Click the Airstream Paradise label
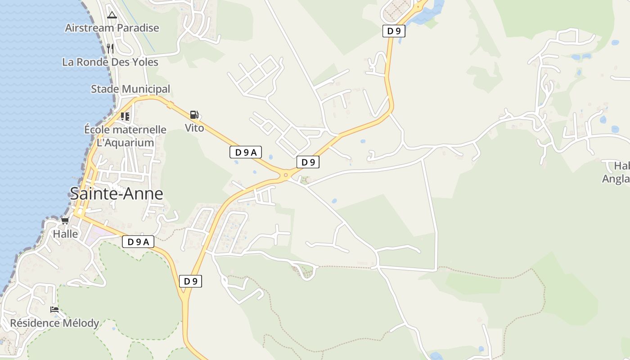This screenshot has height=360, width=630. [112, 28]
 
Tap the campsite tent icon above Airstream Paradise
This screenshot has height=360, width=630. [112, 15]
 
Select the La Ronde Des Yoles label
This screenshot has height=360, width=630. [110, 62]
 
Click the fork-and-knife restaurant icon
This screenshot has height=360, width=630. [110, 48]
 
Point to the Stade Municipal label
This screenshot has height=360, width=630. [130, 89]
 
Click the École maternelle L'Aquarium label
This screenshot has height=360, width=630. [125, 136]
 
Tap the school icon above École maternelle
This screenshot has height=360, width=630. [125, 117]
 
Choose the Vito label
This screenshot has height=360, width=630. [194, 128]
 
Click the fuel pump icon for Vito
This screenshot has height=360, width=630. [194, 115]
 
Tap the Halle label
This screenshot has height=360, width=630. [65, 234]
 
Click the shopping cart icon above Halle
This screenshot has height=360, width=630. [65, 221]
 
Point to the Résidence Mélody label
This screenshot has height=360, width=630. [54, 323]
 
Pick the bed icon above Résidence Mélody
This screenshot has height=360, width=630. [54, 310]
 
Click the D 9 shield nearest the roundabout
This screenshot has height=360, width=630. [308, 162]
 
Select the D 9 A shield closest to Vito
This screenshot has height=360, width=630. [246, 153]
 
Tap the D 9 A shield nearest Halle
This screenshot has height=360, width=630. [138, 242]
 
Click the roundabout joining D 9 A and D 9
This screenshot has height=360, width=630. [285, 175]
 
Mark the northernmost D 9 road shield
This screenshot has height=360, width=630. [394, 31]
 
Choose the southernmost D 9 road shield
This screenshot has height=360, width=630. [190, 282]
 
